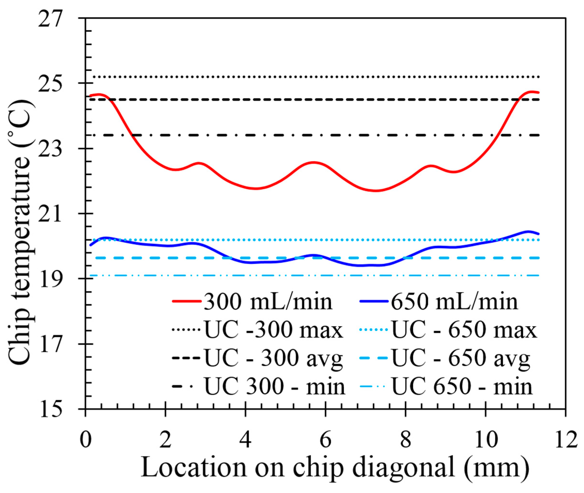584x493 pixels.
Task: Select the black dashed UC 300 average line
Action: tap(308, 100)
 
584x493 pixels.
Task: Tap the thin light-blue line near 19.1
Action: tap(308, 276)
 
